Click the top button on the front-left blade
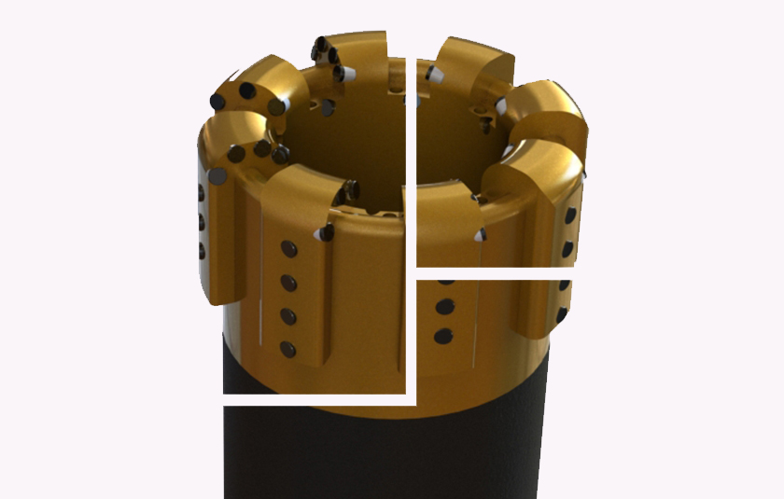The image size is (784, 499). point(288,249)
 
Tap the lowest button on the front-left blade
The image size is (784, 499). point(288,350)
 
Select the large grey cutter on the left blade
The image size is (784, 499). point(217,174)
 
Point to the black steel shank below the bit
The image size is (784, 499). point(373,457)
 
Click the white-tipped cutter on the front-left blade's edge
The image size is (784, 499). point(326,232)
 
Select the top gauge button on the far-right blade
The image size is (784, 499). point(570,215)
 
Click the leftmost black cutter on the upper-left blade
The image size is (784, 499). point(218,101)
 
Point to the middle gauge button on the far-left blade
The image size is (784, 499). point(200,221)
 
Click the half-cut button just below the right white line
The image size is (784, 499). point(446,281)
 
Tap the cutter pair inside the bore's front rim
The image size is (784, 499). point(352,190)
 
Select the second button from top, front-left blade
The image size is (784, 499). point(288,283)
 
